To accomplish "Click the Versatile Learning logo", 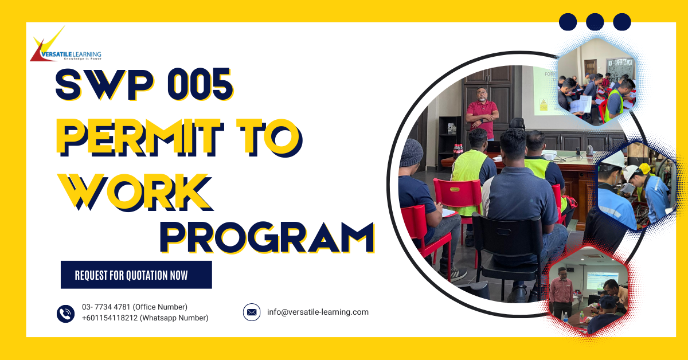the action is click(x=66, y=44).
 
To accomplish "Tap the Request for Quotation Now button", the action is click(x=136, y=275).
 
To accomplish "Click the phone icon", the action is click(x=65, y=314).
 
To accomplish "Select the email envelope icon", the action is click(x=252, y=312).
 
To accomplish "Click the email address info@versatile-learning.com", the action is click(x=318, y=312).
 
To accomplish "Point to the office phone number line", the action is click(x=135, y=307).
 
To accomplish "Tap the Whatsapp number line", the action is click(x=145, y=318).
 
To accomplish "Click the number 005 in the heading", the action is click(x=201, y=84).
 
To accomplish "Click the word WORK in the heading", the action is click(x=135, y=192).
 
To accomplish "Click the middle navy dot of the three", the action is click(x=595, y=22).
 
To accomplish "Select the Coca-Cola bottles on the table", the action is click(x=458, y=151).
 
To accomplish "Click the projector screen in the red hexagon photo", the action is click(x=603, y=280).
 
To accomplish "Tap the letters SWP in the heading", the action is click(x=104, y=84).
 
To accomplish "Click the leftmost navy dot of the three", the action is click(x=568, y=22).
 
